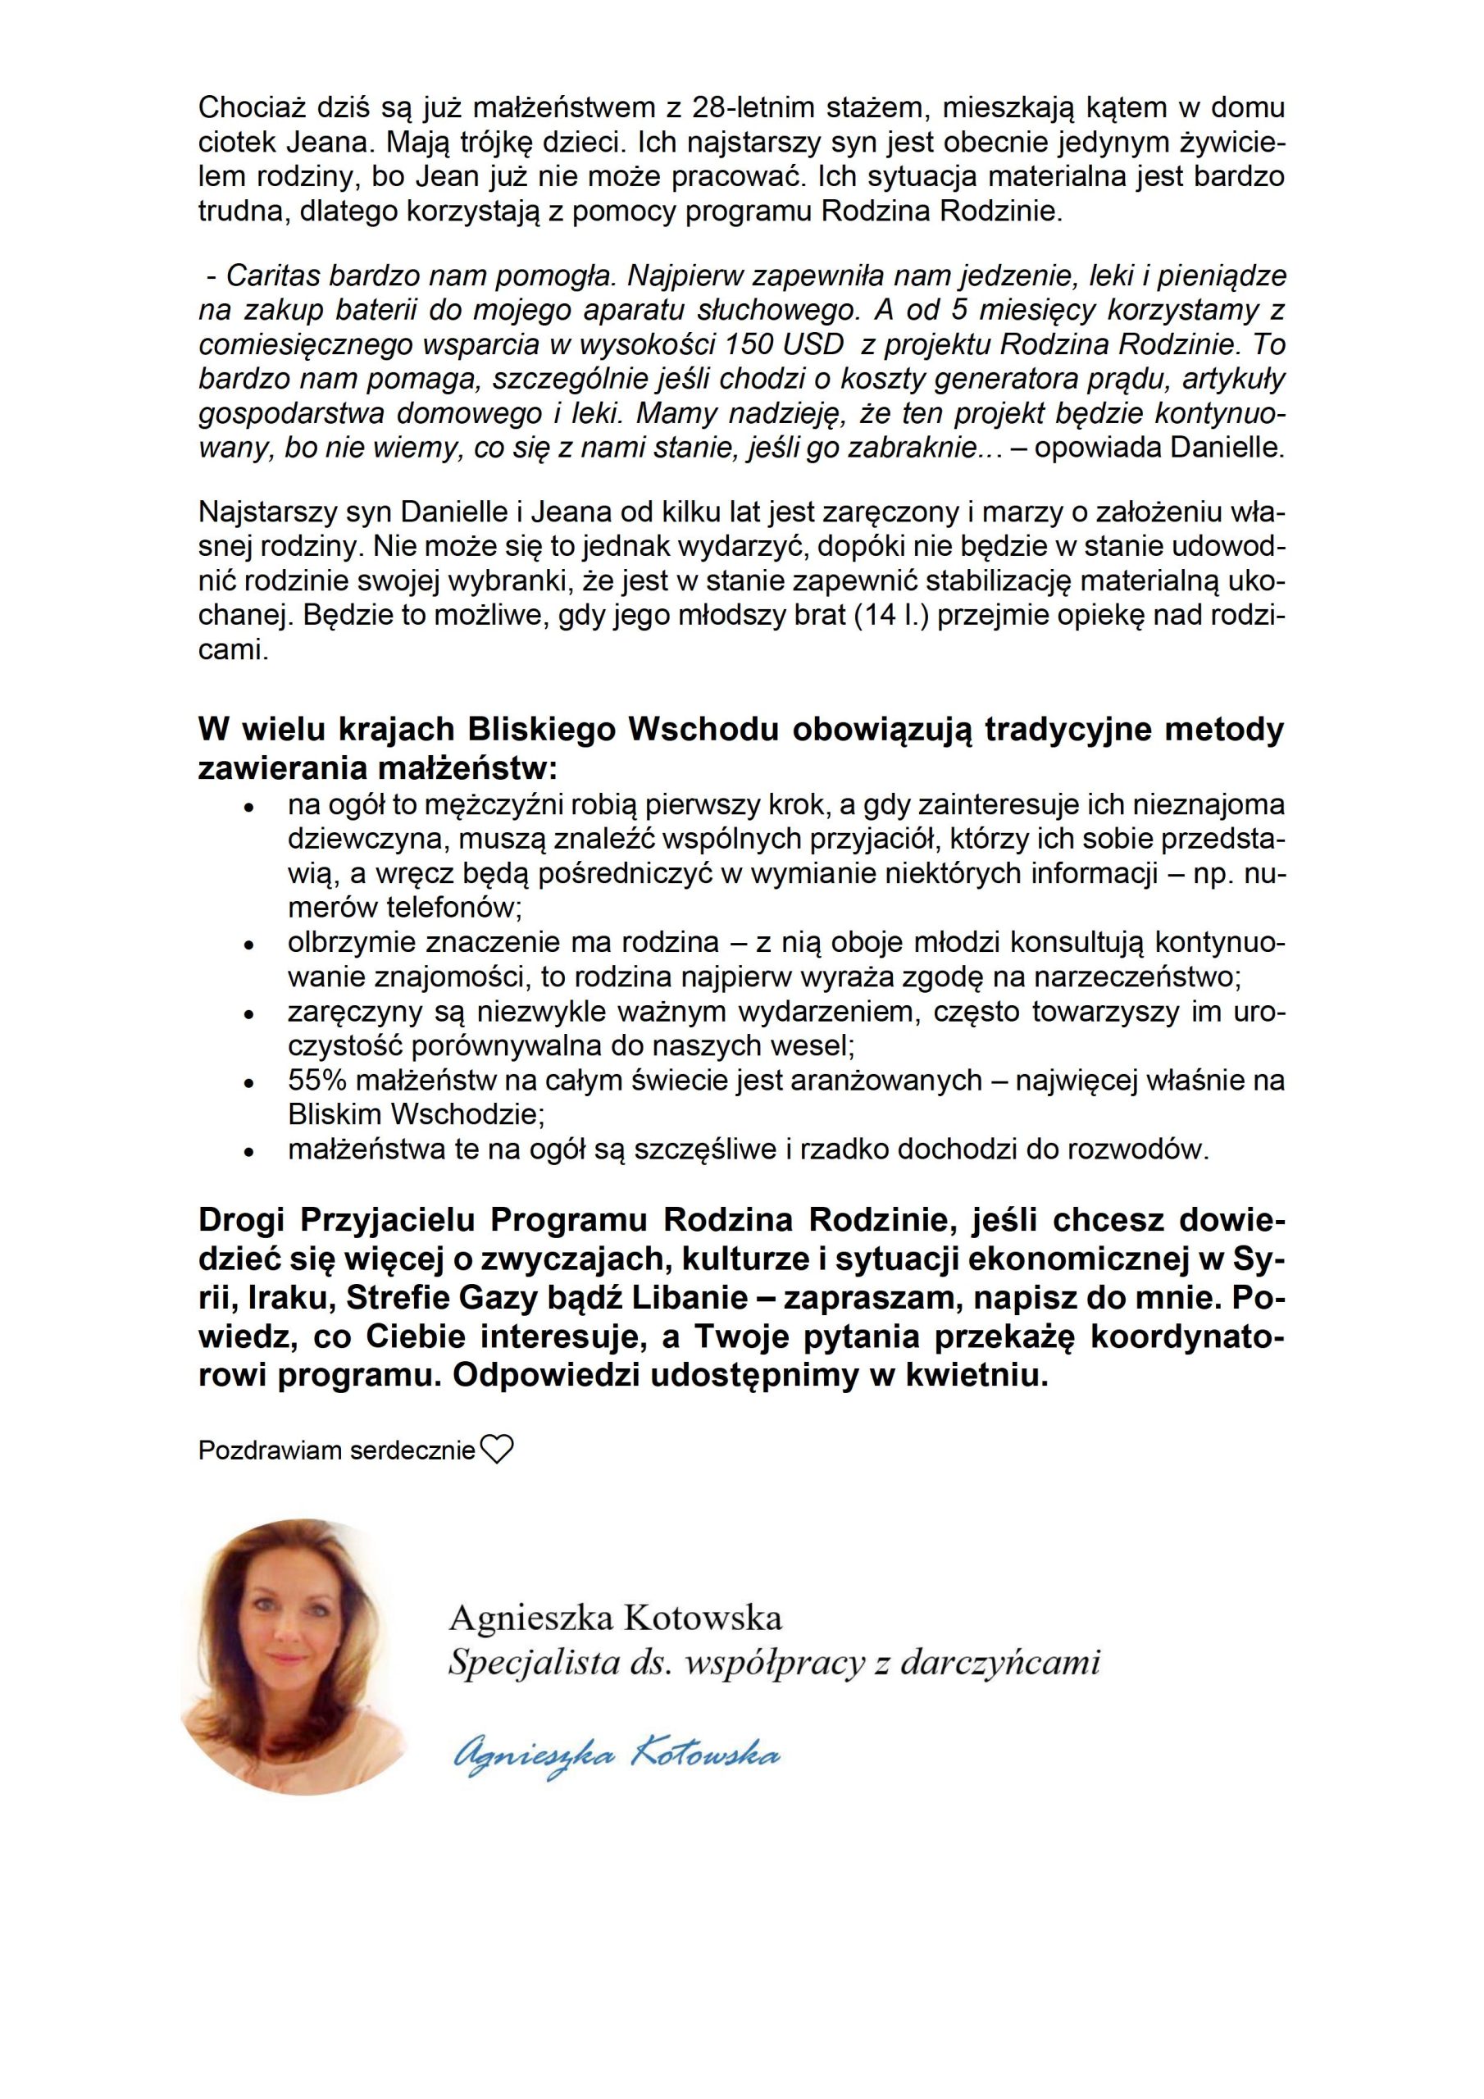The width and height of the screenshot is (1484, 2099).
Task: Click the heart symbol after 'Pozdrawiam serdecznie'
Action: coord(497,1449)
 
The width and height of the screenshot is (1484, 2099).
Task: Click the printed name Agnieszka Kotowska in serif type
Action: coord(616,1619)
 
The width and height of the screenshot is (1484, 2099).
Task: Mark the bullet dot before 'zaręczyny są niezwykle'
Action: coord(247,1014)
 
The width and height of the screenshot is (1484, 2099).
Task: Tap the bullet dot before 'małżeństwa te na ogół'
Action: coord(247,1152)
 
